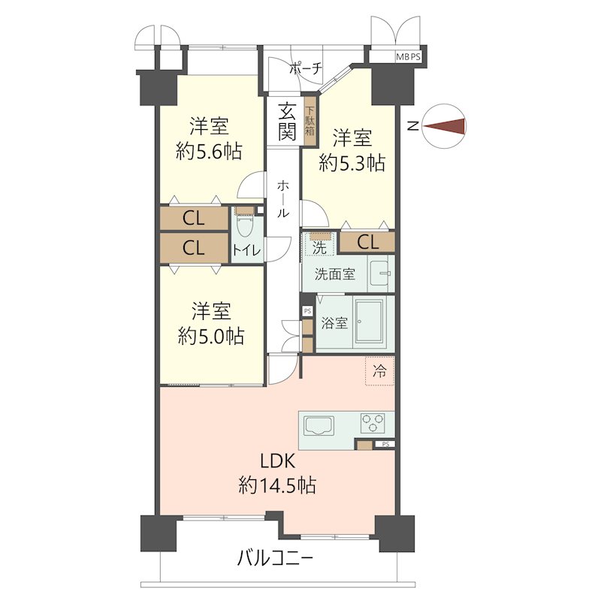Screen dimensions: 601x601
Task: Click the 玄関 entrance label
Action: pyautogui.click(x=287, y=122)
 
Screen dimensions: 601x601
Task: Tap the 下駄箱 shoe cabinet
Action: pyautogui.click(x=310, y=121)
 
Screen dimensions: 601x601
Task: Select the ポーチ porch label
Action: pyautogui.click(x=306, y=69)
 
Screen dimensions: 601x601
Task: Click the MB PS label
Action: pyautogui.click(x=408, y=57)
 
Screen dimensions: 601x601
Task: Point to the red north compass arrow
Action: pyautogui.click(x=445, y=126)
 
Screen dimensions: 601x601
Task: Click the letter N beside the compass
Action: pyautogui.click(x=412, y=125)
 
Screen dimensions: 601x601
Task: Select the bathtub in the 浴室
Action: pyautogui.click(x=369, y=322)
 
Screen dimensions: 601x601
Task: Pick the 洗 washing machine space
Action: pyautogui.click(x=319, y=243)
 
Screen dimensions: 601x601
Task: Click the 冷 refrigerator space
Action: pyautogui.click(x=379, y=370)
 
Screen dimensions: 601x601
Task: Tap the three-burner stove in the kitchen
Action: pyautogui.click(x=373, y=423)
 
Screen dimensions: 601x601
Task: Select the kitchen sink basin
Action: pyautogui.click(x=319, y=425)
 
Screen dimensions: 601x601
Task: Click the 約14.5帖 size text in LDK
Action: pyautogui.click(x=277, y=485)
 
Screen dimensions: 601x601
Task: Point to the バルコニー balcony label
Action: pyautogui.click(x=275, y=558)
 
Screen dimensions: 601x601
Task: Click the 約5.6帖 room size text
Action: pyautogui.click(x=209, y=151)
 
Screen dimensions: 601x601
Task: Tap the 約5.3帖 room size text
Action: pyautogui.click(x=352, y=163)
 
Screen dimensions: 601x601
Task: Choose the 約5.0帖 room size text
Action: pyautogui.click(x=211, y=336)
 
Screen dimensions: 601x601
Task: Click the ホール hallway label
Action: pyautogui.click(x=283, y=199)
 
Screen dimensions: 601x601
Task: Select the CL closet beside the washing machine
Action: pyautogui.click(x=367, y=242)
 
